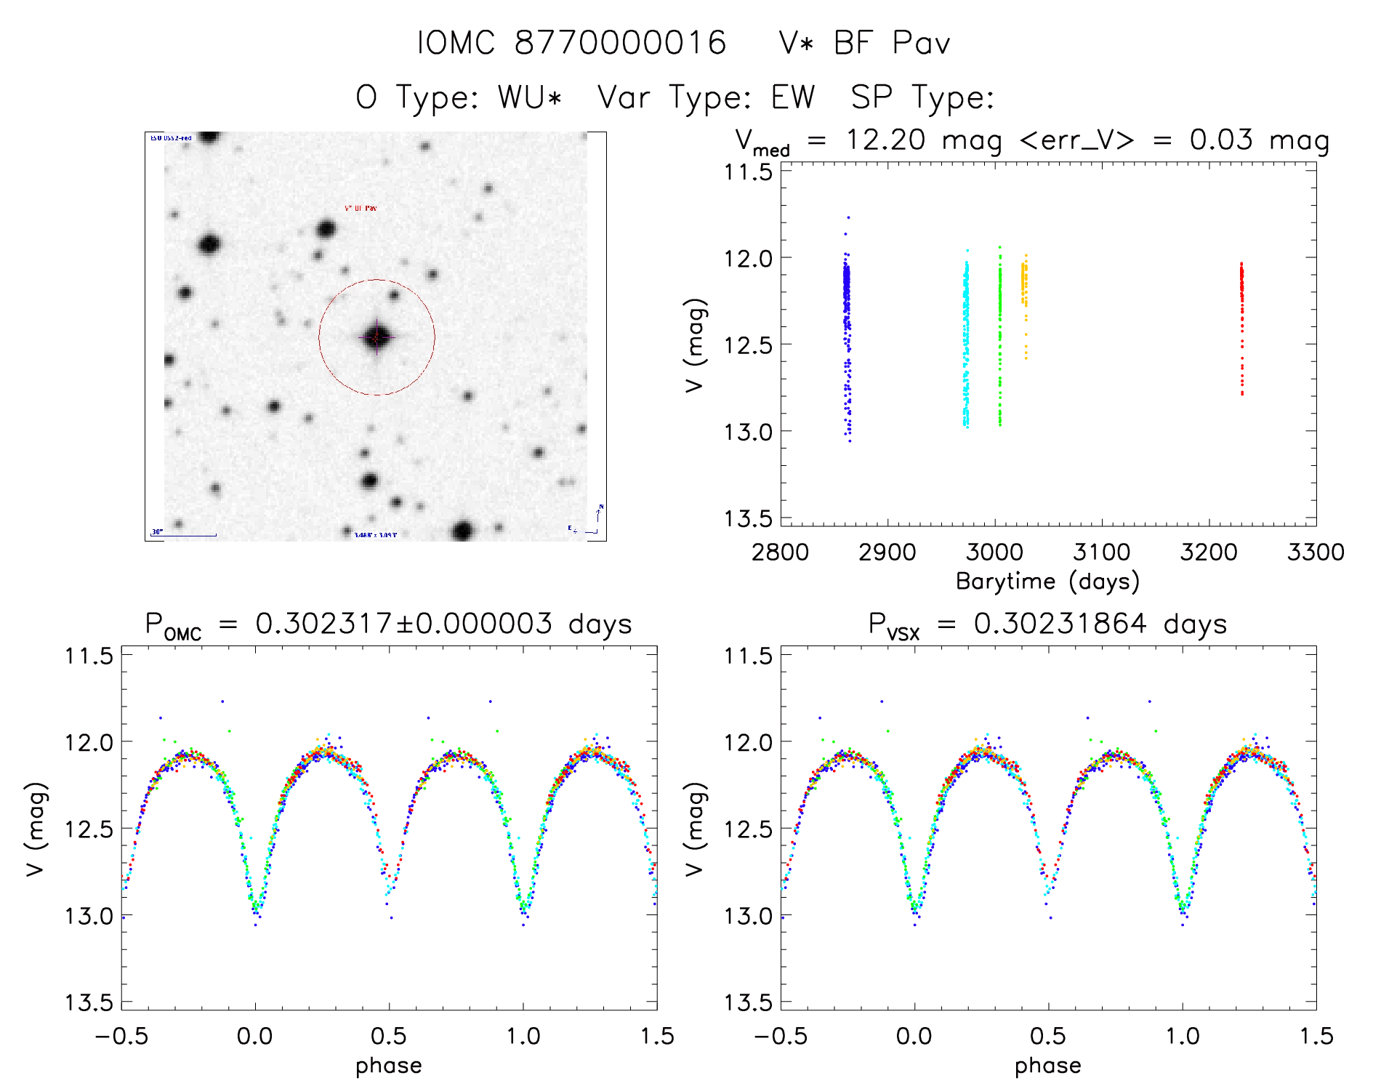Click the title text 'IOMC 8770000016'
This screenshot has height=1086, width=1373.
click(572, 43)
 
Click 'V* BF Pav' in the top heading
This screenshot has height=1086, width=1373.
click(863, 43)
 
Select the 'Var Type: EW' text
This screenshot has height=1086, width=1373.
click(706, 97)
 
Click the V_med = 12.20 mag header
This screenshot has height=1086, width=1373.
click(1032, 140)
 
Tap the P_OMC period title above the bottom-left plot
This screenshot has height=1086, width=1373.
click(388, 624)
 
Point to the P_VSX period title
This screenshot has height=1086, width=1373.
click(1047, 624)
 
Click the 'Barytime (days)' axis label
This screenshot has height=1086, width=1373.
click(1047, 582)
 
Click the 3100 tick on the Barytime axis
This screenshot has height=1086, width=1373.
click(1101, 552)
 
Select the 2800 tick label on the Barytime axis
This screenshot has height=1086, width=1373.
click(780, 552)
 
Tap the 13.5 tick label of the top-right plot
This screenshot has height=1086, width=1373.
click(747, 518)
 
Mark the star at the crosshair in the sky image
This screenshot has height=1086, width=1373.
click(377, 337)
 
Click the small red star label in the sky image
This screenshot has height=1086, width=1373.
click(361, 209)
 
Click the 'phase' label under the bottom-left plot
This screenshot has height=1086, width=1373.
click(388, 1066)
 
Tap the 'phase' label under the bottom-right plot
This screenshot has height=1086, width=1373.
click(1047, 1066)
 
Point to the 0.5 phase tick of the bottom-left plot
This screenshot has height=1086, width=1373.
click(388, 1037)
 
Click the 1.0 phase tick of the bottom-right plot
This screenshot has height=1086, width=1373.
click(1182, 1037)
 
